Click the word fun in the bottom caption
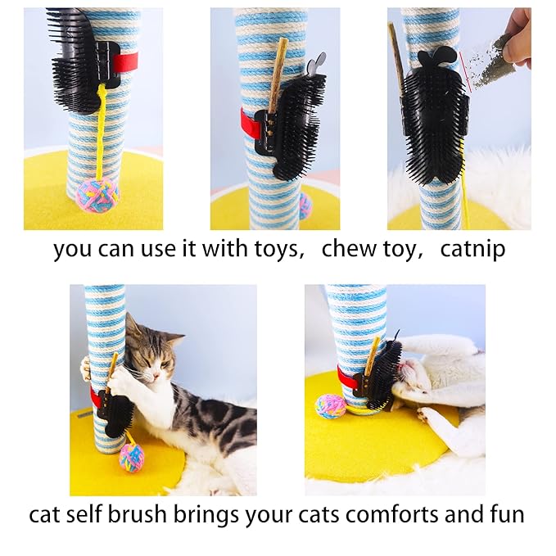500,515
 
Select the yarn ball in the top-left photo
97,195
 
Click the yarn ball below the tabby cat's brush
131,458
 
